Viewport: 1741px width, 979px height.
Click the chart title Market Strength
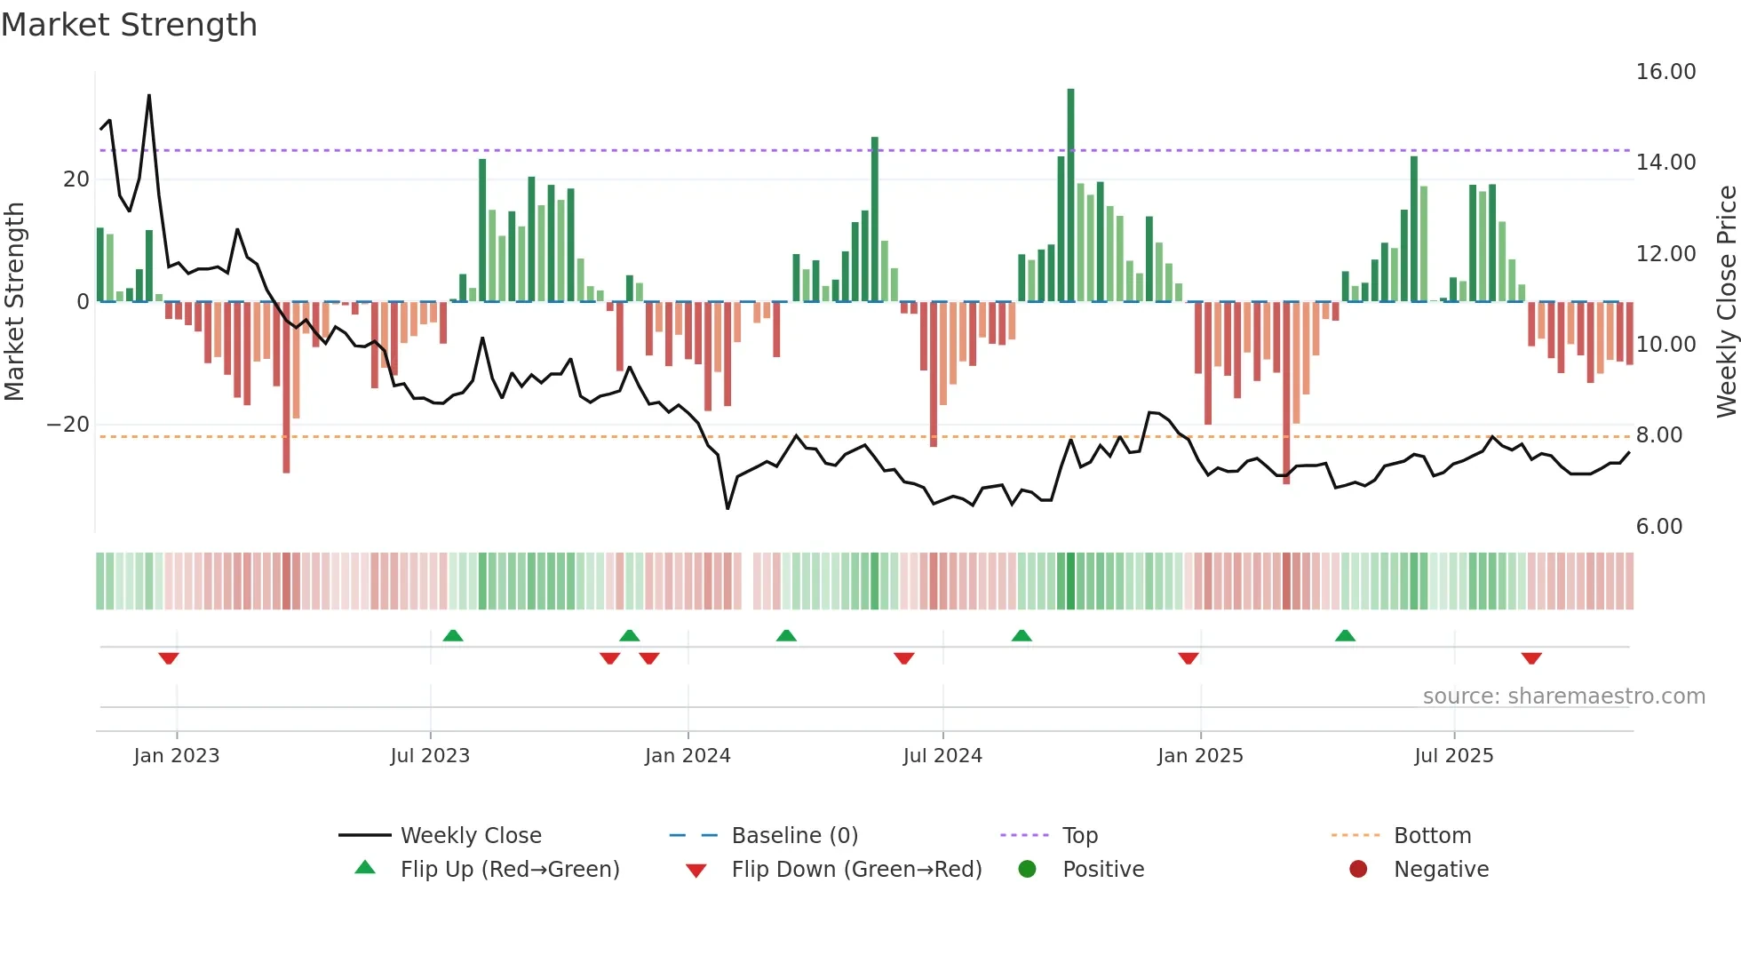(129, 25)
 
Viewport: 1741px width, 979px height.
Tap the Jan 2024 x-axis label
(688, 756)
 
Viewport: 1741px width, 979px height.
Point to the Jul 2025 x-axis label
(1453, 756)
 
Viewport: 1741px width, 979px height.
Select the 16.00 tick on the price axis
(1665, 72)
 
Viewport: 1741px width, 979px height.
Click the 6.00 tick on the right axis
(1658, 527)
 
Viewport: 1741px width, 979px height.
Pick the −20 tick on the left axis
(68, 425)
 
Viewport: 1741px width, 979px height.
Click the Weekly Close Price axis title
(1726, 301)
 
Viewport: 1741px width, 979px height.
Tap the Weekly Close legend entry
(470, 836)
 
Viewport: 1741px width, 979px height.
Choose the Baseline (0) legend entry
(794, 836)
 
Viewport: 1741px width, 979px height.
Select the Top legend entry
(1079, 836)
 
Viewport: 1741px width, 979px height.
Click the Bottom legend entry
(1432, 836)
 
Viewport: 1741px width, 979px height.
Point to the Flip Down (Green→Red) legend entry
(856, 870)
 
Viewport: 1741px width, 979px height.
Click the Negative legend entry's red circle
(1358, 870)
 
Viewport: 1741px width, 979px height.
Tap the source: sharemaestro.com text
(1563, 696)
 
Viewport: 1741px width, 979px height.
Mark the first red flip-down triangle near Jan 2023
(169, 658)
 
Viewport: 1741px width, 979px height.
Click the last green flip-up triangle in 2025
(1345, 635)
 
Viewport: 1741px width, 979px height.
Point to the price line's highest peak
(149, 95)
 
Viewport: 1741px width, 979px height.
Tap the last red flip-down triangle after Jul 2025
(1530, 658)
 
